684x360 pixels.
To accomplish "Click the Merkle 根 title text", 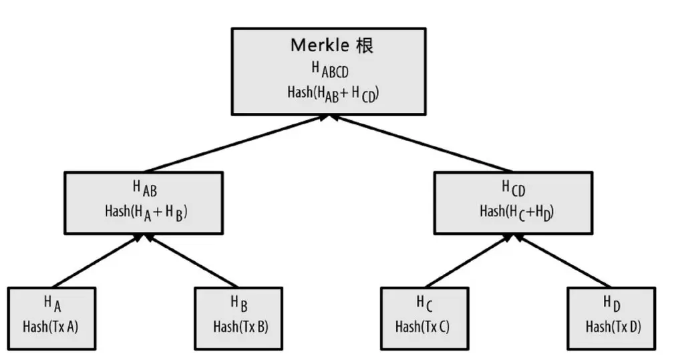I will (332, 45).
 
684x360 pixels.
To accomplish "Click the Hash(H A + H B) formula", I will (144, 212).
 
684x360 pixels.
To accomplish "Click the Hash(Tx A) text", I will (52, 327).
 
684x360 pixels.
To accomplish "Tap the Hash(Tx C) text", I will (423, 327).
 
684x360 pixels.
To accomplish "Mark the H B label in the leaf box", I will (239, 304).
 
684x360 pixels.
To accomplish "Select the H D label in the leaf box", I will (612, 304).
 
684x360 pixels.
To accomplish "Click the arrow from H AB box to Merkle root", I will (237, 144).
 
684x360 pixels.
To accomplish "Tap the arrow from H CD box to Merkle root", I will (421, 144).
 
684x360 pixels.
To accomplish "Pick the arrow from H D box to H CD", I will (561, 261).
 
